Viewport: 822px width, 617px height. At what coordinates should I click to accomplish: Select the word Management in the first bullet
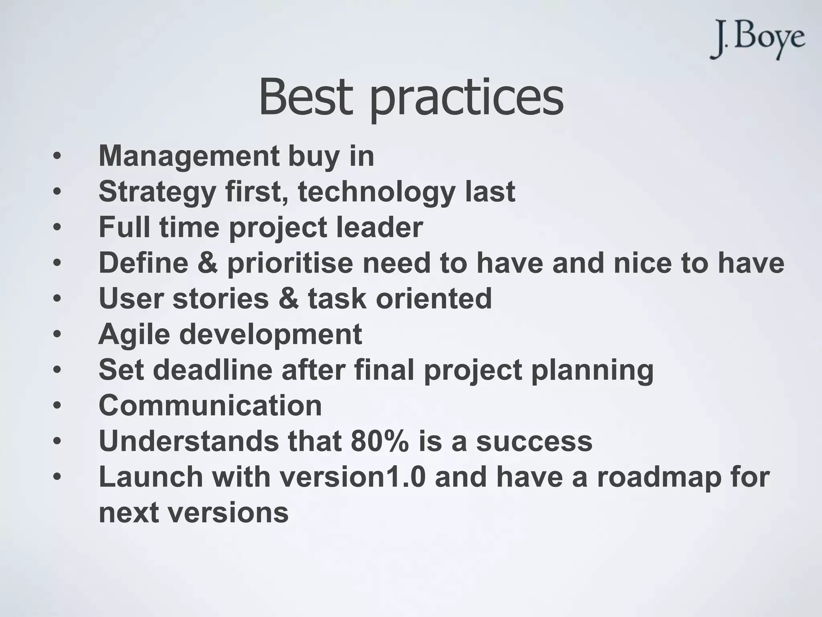coord(189,157)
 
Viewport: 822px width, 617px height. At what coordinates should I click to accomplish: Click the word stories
coord(220,299)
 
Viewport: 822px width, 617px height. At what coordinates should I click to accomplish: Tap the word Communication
coord(210,406)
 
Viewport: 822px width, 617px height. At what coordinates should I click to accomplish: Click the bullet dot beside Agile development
coord(57,334)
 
